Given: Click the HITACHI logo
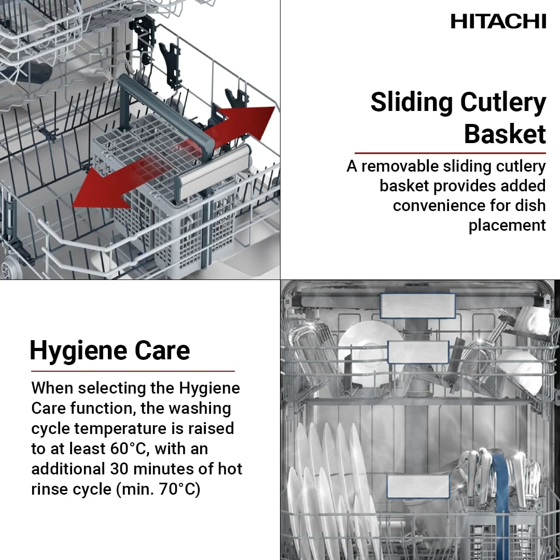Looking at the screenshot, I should click(x=498, y=21).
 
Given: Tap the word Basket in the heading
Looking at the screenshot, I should click(x=505, y=134).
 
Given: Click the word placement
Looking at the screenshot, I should click(x=507, y=225).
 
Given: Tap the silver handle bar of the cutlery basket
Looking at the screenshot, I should click(x=214, y=171).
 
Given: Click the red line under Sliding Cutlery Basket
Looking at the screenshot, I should click(x=450, y=153).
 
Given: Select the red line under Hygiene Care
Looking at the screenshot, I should click(x=133, y=371).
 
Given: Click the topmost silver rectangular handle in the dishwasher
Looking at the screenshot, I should click(x=417, y=305).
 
